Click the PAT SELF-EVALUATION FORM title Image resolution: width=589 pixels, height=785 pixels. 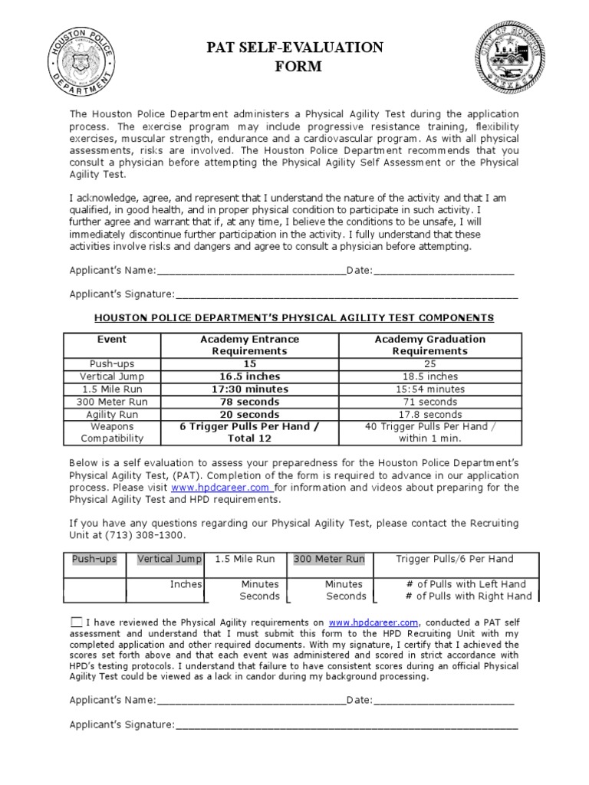pos(294,57)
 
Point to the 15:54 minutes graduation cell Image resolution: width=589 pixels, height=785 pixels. pos(429,389)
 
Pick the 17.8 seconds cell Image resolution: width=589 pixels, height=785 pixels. pos(429,414)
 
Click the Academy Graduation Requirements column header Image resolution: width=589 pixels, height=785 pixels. pos(429,345)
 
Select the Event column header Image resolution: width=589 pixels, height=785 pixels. pos(112,339)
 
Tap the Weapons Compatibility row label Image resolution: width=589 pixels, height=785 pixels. pos(112,432)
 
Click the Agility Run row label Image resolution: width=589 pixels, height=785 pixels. pos(112,414)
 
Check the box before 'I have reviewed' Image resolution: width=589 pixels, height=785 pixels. pos(77,622)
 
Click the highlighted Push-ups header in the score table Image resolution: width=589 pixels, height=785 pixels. pos(94,559)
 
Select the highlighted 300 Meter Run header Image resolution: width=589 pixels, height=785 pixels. pos(329,559)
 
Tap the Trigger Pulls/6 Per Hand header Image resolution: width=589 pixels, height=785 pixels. pos(454,559)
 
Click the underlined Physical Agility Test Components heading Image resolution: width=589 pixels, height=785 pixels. pos(294,317)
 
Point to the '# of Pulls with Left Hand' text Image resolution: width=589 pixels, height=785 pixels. pos(466,584)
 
